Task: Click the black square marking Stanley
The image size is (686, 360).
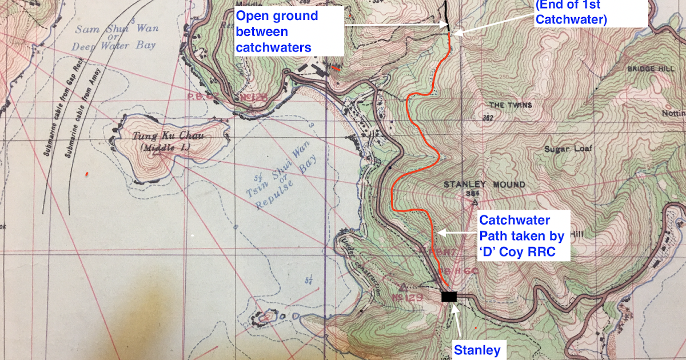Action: point(449,296)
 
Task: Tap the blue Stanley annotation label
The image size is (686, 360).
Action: point(477,349)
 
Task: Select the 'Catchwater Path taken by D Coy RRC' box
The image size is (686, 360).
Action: point(521,235)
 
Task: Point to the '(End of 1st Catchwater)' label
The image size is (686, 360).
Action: point(590,13)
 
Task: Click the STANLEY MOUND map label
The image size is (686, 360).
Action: point(484,185)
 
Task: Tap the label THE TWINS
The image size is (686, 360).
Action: point(510,105)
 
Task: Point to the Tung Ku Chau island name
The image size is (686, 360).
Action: point(160,136)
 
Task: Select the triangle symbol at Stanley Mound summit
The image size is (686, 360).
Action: point(474,201)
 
